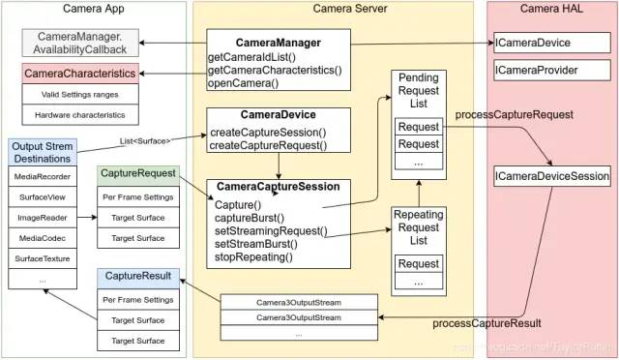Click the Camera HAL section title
click(550, 10)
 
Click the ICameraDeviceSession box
click(552, 176)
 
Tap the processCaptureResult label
click(486, 323)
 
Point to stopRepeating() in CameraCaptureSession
click(252, 258)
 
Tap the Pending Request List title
click(419, 90)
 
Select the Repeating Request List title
click(419, 227)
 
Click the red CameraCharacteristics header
click(79, 75)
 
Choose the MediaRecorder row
click(42, 177)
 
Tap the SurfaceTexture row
click(42, 258)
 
